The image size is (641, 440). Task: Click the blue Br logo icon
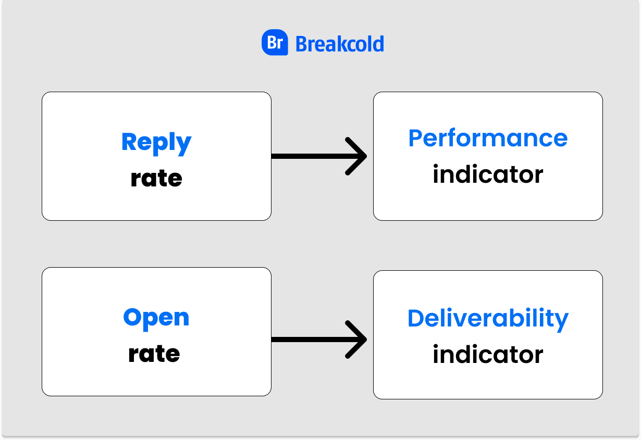pos(275,42)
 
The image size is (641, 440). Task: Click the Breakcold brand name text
pos(340,44)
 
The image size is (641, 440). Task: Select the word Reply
pos(156,144)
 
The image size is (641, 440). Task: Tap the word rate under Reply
pos(156,178)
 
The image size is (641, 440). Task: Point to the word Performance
pos(488,139)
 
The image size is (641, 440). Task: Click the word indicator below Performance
pos(488,174)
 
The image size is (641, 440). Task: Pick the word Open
pos(156,319)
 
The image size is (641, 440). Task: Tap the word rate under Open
pos(154,354)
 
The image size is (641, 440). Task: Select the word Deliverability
pos(488,320)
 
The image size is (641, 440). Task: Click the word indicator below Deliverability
pos(488,354)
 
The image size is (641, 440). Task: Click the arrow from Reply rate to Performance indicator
pos(319,156)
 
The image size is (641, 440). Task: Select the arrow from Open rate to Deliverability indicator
pos(319,340)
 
